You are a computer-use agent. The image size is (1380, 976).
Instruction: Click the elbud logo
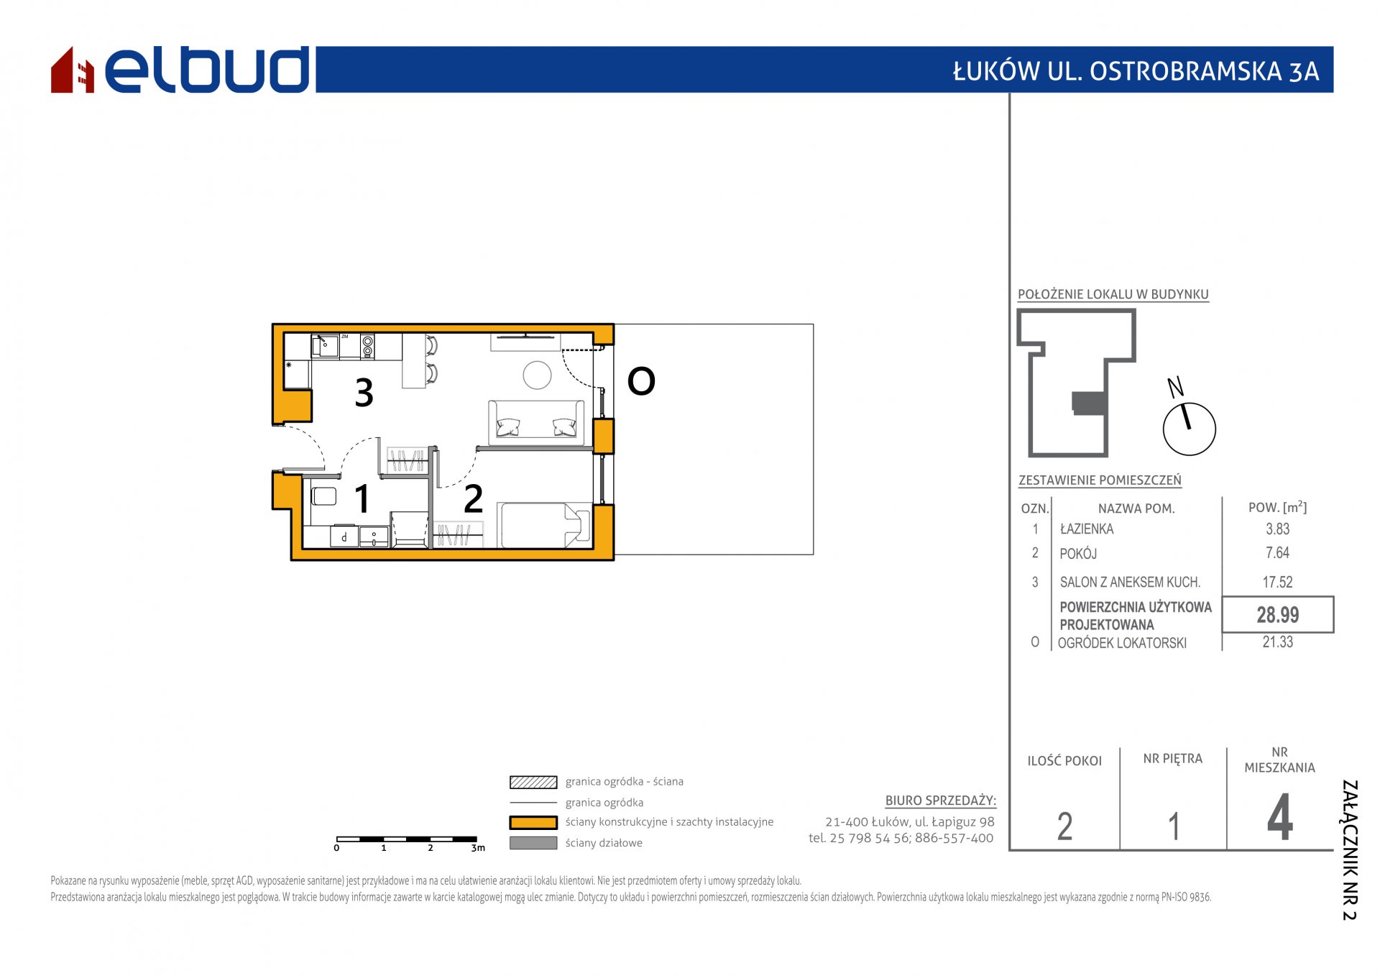pyautogui.click(x=180, y=70)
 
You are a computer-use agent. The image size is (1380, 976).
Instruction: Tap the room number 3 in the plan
pyautogui.click(x=364, y=393)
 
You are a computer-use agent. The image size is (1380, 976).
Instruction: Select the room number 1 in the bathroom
pyautogui.click(x=362, y=498)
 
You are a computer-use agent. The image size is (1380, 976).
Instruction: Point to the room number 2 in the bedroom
pyautogui.click(x=473, y=498)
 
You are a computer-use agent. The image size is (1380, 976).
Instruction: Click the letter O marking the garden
pyautogui.click(x=641, y=381)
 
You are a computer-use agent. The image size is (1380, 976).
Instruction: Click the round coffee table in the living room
pyautogui.click(x=537, y=375)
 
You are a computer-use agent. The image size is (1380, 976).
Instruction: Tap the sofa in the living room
pyautogui.click(x=536, y=422)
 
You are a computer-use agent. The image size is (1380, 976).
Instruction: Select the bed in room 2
pyautogui.click(x=544, y=525)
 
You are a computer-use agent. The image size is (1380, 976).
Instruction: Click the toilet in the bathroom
pyautogui.click(x=324, y=496)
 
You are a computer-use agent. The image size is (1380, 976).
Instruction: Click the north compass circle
pyautogui.click(x=1189, y=429)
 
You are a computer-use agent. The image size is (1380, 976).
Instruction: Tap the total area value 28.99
pyautogui.click(x=1277, y=615)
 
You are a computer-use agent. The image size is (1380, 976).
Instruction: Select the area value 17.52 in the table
pyautogui.click(x=1277, y=583)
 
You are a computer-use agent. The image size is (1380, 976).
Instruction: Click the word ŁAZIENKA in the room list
pyautogui.click(x=1087, y=529)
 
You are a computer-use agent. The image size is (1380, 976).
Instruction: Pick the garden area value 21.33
pyautogui.click(x=1277, y=642)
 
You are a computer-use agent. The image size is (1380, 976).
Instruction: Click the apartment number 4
pyautogui.click(x=1279, y=818)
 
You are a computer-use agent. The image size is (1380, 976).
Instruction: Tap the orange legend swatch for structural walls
pyautogui.click(x=533, y=822)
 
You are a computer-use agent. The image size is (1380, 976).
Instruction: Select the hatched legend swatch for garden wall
pyautogui.click(x=533, y=782)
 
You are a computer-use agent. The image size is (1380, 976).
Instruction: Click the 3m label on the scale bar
pyautogui.click(x=478, y=848)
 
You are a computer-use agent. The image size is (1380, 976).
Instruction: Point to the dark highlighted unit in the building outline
pyautogui.click(x=1089, y=403)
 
